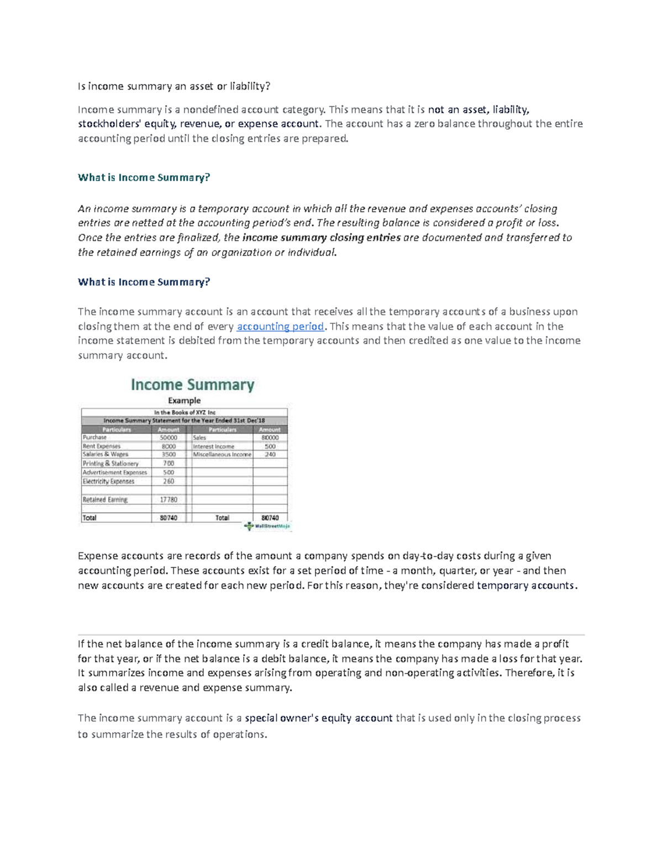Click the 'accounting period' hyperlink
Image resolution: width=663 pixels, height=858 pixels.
[x=280, y=327]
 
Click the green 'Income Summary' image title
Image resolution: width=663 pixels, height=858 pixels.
[x=192, y=385]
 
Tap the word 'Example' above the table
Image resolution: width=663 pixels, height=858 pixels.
[x=184, y=401]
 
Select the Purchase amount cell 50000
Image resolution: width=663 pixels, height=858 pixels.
[x=169, y=438]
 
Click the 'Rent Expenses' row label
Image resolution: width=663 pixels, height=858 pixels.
[x=102, y=446]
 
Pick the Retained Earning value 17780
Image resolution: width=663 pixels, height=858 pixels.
[x=169, y=499]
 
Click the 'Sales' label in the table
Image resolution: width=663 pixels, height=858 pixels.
[x=199, y=438]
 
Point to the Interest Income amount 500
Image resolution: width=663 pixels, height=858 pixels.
[x=270, y=446]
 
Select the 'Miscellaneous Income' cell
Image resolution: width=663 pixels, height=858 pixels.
[x=222, y=455]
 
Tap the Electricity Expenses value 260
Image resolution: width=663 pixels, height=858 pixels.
[x=169, y=481]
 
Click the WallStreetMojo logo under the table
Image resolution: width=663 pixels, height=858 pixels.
[x=268, y=527]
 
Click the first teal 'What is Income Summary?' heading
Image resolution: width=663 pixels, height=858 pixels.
[x=144, y=178]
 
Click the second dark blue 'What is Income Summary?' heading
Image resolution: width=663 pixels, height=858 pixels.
[x=144, y=282]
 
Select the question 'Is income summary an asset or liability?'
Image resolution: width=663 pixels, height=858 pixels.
[x=174, y=86]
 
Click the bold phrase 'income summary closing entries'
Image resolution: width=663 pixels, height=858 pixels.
[x=322, y=238]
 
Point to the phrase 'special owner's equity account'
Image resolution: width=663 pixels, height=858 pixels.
[x=319, y=718]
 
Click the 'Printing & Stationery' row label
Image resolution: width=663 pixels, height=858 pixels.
[x=110, y=464]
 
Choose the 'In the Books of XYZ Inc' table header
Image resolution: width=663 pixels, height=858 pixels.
[x=185, y=412]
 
